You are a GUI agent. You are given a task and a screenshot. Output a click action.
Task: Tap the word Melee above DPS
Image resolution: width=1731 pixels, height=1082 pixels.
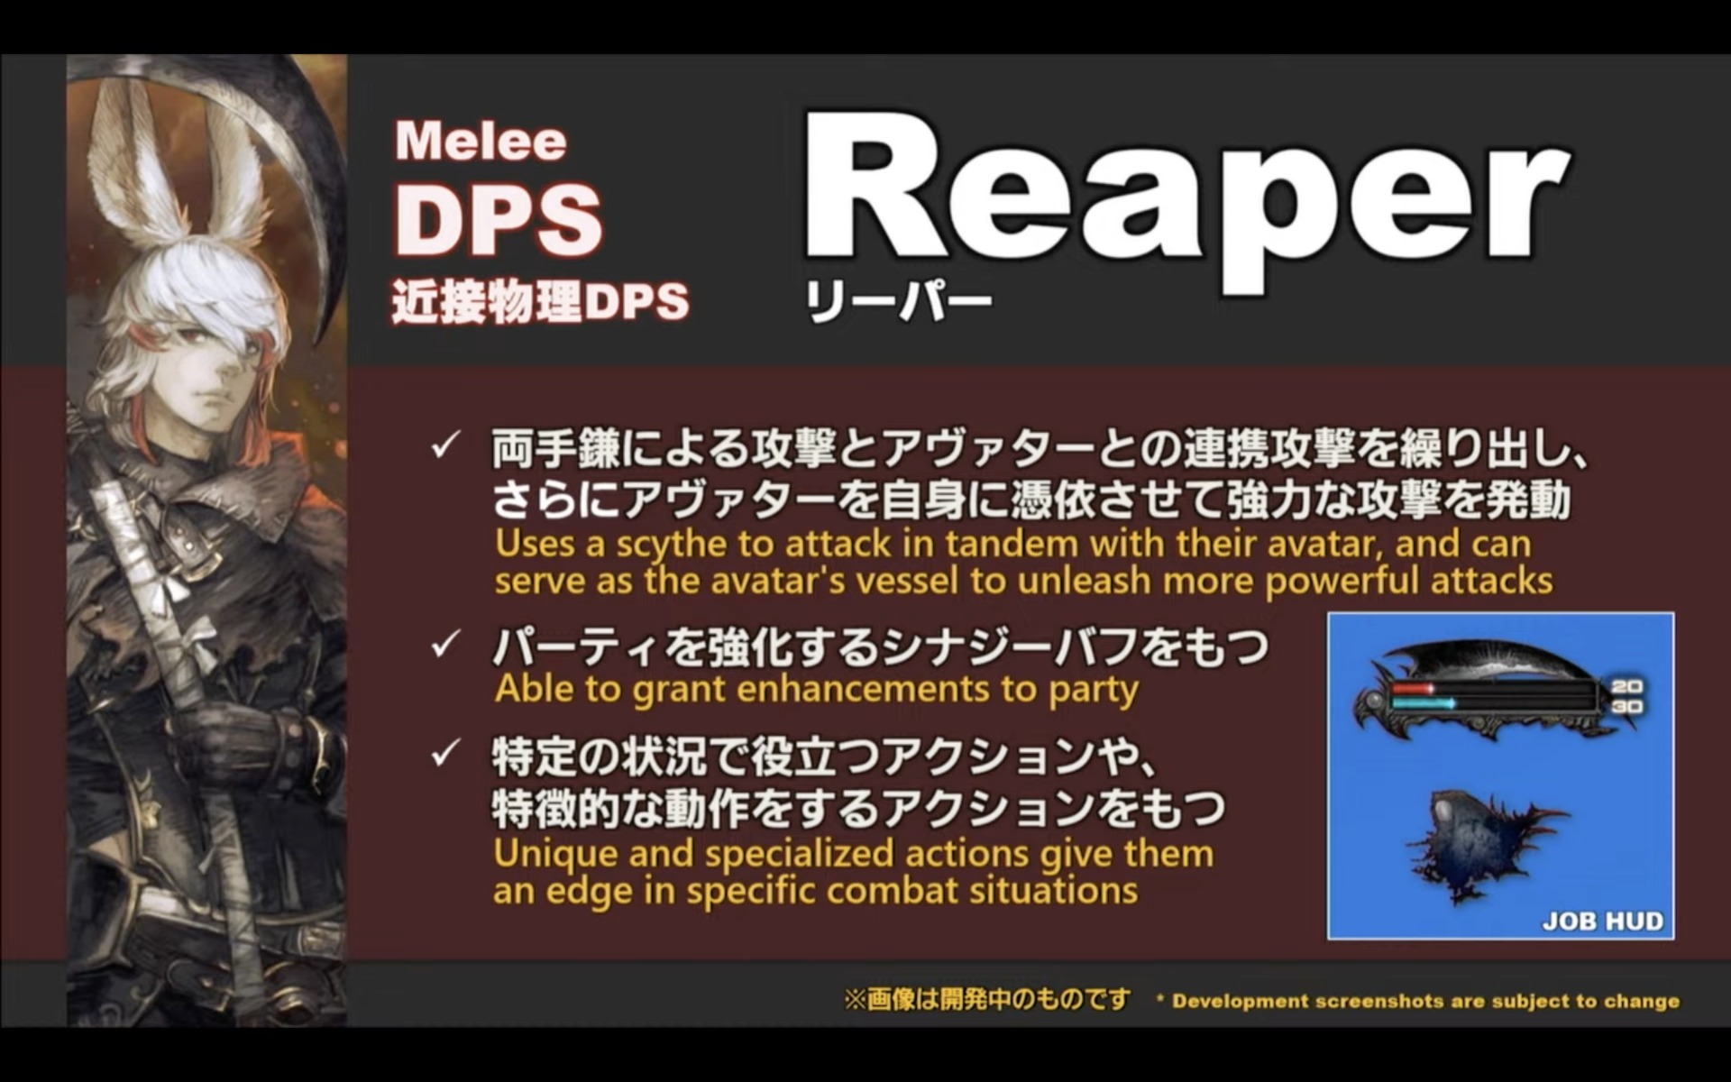click(481, 142)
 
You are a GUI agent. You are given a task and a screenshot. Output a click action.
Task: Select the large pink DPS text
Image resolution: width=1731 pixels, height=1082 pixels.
click(499, 219)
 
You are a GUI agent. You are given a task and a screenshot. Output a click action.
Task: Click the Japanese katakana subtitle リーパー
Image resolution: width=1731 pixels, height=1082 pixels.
click(898, 302)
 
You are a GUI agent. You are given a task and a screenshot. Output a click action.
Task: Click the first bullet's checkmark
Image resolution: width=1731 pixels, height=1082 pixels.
click(445, 445)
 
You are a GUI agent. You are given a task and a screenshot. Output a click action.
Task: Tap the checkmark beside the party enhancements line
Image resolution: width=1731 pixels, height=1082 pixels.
click(445, 645)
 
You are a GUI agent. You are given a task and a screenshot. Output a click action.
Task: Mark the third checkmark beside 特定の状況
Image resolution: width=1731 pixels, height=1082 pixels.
click(445, 754)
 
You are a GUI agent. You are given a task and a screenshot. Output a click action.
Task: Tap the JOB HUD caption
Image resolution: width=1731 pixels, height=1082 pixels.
click(1602, 921)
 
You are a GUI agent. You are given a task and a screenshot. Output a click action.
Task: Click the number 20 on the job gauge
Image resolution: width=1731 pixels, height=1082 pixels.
click(1626, 687)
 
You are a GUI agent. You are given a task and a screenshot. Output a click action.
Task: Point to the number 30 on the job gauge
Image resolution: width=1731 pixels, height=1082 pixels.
click(1626, 706)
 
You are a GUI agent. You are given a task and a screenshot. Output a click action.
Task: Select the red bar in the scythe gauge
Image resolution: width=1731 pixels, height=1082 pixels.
click(1413, 689)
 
